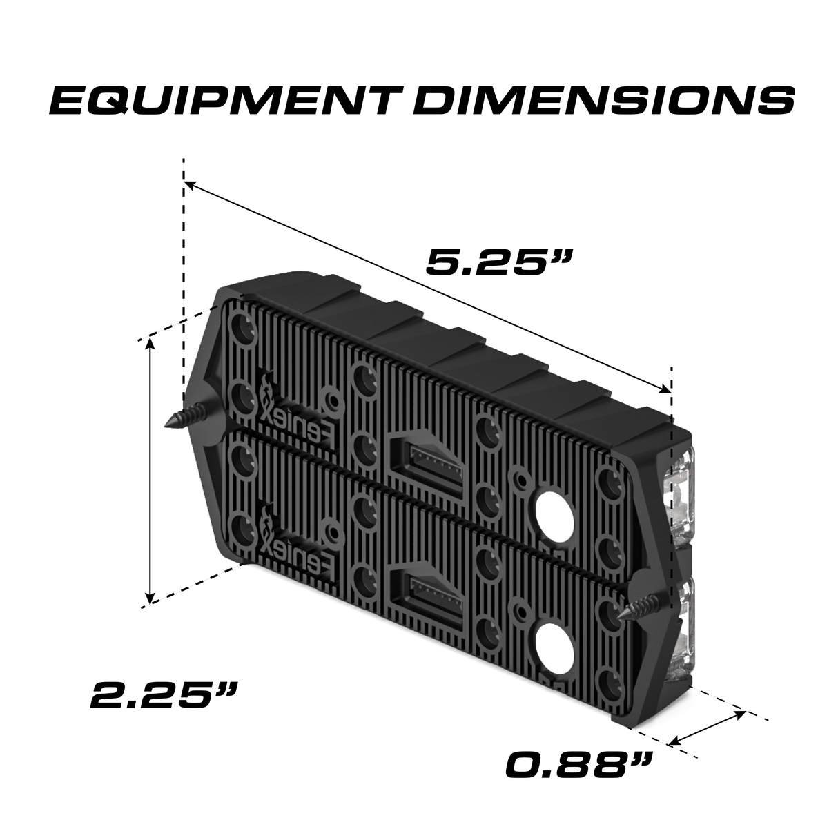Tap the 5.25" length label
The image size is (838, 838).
(x=498, y=262)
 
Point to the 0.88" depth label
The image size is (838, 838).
(x=578, y=765)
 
